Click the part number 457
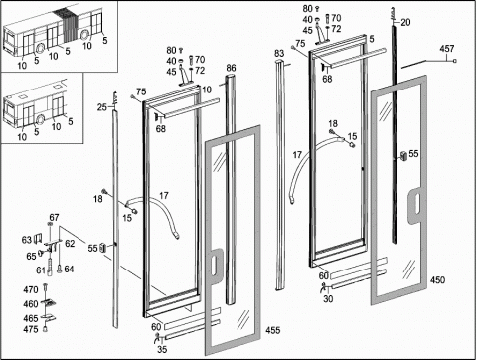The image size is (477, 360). click(447, 49)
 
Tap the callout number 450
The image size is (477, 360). click(437, 280)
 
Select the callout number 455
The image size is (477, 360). click(273, 330)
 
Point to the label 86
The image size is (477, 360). click(231, 68)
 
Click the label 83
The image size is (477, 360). click(279, 54)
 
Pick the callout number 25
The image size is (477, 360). click(102, 107)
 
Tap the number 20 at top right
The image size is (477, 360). click(405, 22)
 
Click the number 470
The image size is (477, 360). click(31, 290)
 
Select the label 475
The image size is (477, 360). click(31, 329)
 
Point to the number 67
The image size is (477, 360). click(54, 218)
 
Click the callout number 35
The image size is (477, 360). click(162, 349)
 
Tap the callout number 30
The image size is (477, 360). click(328, 299)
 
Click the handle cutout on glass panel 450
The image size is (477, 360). click(415, 206)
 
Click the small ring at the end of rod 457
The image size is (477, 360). click(455, 61)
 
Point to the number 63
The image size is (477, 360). click(27, 240)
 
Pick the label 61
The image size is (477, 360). click(40, 270)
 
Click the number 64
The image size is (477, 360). click(69, 270)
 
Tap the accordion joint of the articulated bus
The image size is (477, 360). click(68, 25)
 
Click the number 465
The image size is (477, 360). click(31, 318)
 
